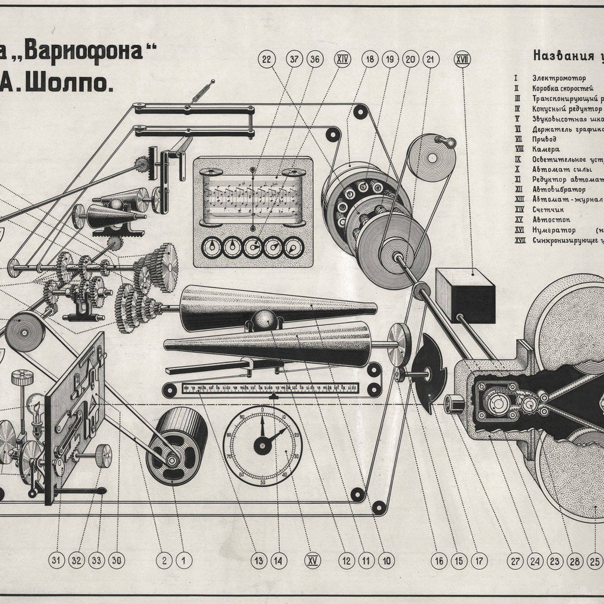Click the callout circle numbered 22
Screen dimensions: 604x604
[266, 59]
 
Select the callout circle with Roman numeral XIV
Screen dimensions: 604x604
[342, 59]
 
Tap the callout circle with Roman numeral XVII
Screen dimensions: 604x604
[462, 59]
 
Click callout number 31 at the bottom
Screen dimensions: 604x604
[57, 560]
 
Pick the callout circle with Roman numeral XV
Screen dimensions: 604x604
[312, 560]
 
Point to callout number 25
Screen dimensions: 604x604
[595, 560]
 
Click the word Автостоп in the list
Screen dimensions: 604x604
[549, 219]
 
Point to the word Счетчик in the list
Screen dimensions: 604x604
[547, 209]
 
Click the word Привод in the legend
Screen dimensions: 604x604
[545, 139]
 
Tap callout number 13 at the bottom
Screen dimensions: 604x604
[257, 560]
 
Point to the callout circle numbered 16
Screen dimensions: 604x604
[438, 560]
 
